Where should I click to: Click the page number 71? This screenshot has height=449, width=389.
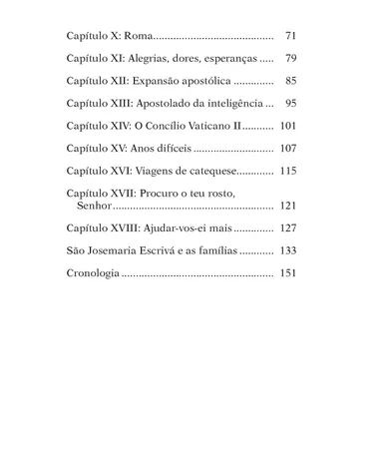[x=290, y=35]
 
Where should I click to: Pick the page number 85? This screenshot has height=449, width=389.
[x=290, y=81]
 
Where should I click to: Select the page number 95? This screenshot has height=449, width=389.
[x=290, y=104]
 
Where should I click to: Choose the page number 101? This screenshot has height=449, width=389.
[x=288, y=127]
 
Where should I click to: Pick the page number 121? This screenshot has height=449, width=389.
[x=288, y=206]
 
